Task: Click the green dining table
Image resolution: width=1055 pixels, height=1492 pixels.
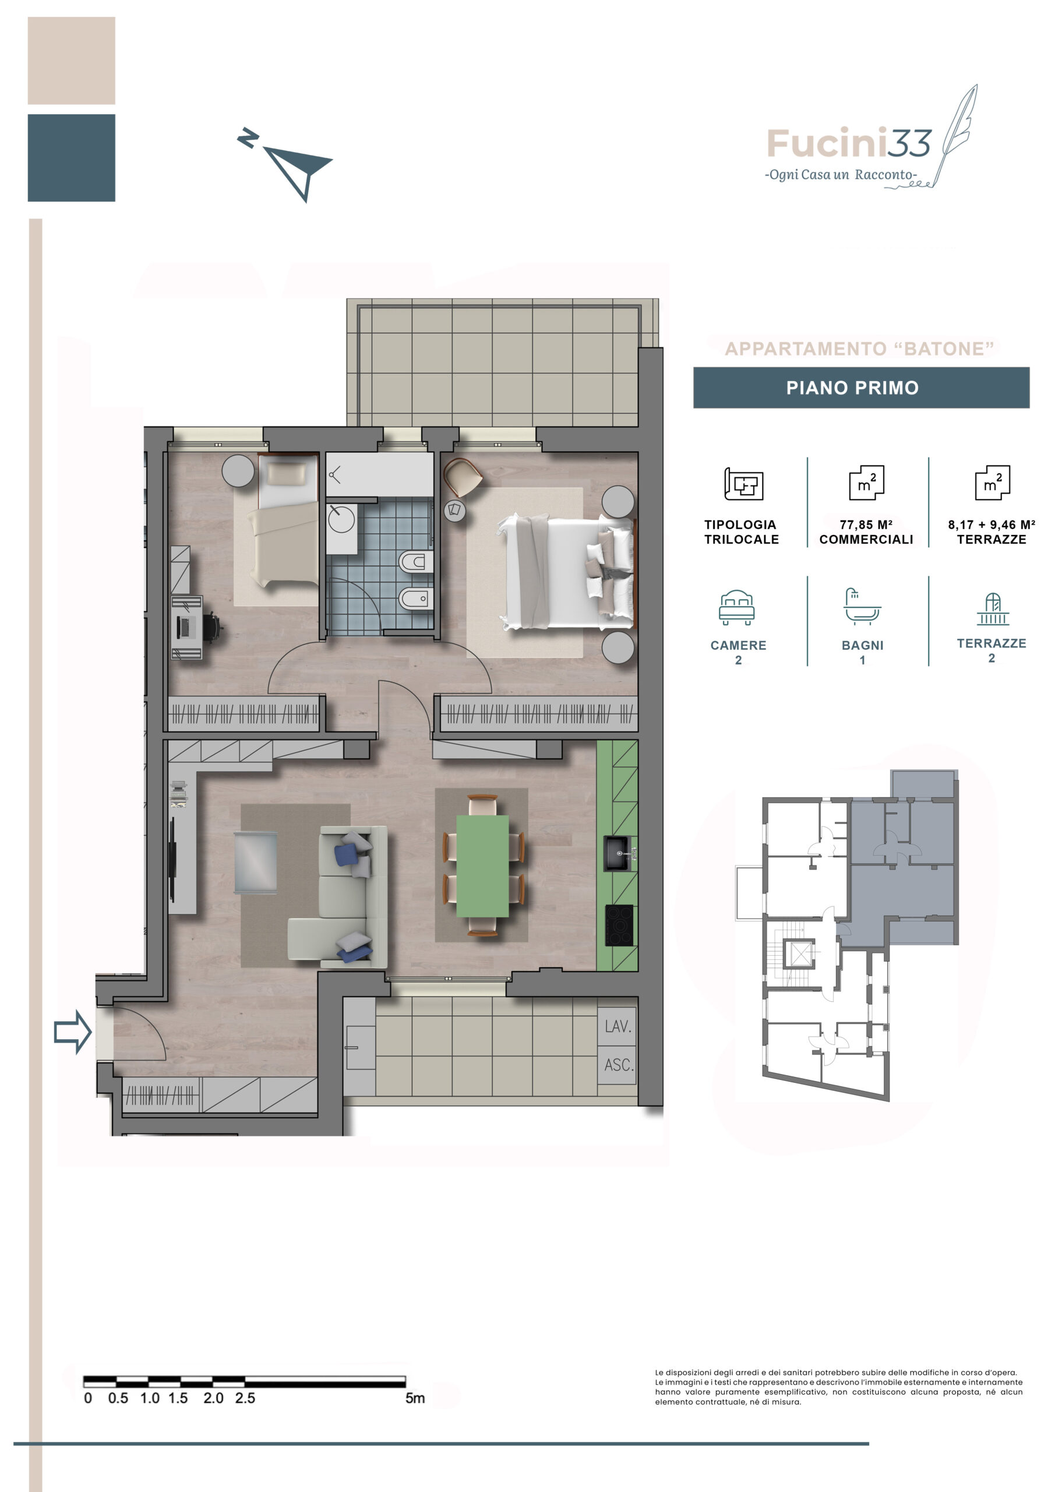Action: (483, 865)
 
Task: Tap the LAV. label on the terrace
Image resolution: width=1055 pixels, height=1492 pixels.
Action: (618, 1026)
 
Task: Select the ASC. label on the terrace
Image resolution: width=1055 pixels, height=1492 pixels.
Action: (619, 1065)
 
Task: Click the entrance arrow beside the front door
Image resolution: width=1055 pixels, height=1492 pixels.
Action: (72, 1031)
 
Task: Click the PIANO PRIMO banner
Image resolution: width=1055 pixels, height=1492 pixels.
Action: (861, 388)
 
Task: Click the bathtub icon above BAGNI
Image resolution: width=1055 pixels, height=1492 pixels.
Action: (862, 606)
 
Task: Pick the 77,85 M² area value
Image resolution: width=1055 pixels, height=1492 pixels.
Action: (865, 525)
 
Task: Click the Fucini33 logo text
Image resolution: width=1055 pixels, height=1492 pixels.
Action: (849, 143)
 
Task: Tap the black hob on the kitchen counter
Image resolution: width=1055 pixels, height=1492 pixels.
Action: (619, 926)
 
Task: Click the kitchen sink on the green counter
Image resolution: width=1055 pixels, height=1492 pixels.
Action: (618, 853)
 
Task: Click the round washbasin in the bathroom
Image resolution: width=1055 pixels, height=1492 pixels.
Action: (341, 519)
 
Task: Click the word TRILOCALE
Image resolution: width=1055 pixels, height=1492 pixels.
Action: (741, 539)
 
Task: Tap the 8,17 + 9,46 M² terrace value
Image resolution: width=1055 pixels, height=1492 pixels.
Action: (991, 525)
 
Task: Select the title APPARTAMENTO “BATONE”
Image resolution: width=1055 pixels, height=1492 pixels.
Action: (859, 349)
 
